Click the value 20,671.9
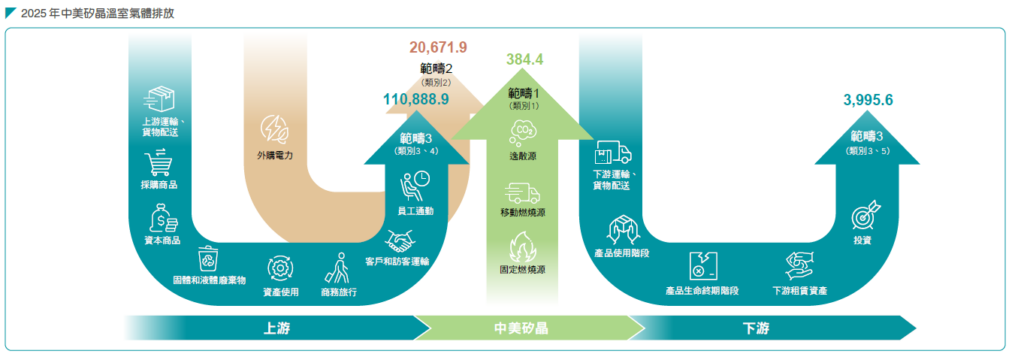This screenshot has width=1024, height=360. (x=438, y=47)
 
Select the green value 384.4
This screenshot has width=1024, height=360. (x=524, y=59)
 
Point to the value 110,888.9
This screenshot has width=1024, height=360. (x=416, y=99)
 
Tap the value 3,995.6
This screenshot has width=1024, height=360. (x=868, y=100)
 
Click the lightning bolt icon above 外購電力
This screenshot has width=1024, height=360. (x=274, y=130)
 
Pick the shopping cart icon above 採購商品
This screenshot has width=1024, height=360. (x=159, y=162)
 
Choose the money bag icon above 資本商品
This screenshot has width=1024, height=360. (x=161, y=217)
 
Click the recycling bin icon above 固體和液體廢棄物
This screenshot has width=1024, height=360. (x=209, y=258)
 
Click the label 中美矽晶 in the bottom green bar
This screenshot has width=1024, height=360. (x=521, y=328)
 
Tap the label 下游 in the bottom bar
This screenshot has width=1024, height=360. (x=756, y=328)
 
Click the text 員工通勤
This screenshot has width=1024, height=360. (x=415, y=211)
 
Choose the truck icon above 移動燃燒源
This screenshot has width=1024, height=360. (x=522, y=193)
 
